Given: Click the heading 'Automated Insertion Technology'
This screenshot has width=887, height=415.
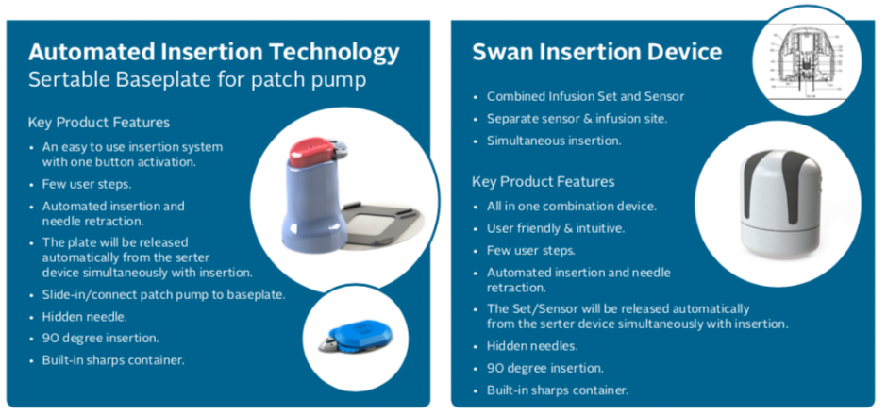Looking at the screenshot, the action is click(214, 53).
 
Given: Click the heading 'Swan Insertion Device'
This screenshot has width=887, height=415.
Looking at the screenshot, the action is click(596, 52).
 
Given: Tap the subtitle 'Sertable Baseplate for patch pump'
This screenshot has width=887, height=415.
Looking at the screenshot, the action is click(197, 80).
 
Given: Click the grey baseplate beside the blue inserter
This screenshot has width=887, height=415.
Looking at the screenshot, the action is click(382, 220).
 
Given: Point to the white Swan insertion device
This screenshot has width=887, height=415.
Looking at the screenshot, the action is click(780, 204).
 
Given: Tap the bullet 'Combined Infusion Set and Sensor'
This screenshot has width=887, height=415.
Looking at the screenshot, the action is click(585, 97).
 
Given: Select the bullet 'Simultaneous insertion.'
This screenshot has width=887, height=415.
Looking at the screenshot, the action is click(554, 141).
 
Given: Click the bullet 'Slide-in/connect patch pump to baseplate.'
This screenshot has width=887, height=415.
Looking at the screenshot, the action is click(163, 294).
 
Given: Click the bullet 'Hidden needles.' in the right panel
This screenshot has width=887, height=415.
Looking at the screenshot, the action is click(532, 346).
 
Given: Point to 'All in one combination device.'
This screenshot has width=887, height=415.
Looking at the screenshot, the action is click(571, 207).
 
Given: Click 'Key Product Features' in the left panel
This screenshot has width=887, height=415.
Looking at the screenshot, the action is click(99, 122).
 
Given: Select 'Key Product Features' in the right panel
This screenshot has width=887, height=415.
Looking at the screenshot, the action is click(544, 182).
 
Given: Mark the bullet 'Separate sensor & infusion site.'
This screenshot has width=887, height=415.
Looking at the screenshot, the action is click(577, 119).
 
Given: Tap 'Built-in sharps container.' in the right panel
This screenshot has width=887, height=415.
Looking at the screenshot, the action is click(557, 390).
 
